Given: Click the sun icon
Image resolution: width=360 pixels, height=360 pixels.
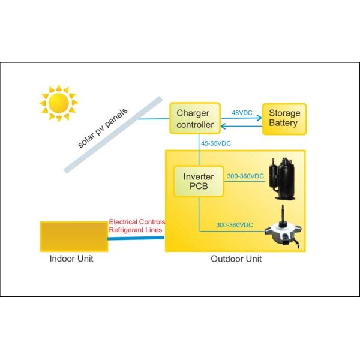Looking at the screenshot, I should coord(58,104).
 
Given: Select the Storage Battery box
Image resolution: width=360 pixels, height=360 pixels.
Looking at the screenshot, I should coord(284,118).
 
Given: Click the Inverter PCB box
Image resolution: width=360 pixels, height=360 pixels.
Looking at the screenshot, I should coord(198,181).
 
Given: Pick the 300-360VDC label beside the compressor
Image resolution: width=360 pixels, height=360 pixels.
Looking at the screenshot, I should coord(246,176).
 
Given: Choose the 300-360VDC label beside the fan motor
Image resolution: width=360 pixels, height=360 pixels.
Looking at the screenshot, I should coord(235,224).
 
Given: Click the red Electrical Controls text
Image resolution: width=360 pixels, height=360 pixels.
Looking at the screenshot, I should coord(136,221).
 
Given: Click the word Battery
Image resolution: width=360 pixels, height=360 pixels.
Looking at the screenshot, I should coord(284,124).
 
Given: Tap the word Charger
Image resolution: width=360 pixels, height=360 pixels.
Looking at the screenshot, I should coord(192,113).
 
